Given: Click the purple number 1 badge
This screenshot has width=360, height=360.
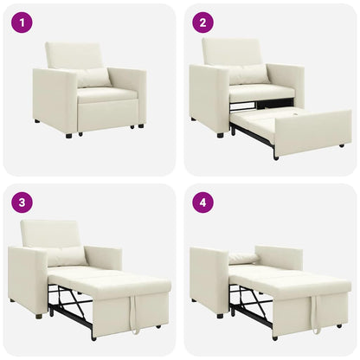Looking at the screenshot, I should [x=21, y=22].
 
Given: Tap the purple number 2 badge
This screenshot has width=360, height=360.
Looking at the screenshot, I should [x=202, y=22].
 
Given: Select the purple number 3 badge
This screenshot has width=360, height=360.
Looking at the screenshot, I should [x=21, y=202].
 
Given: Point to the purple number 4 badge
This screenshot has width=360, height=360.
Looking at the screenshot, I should [x=202, y=202].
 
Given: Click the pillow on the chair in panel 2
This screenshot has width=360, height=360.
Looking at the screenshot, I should [x=249, y=74].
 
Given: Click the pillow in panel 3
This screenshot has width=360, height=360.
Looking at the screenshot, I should [x=67, y=256].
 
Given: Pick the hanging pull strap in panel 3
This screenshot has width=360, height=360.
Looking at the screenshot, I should [x=134, y=315].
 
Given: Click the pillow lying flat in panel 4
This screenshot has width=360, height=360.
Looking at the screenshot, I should [x=244, y=258].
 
